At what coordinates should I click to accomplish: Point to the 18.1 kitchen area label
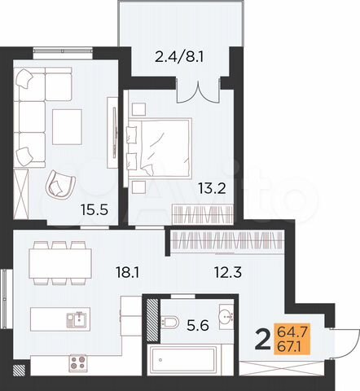[127, 273]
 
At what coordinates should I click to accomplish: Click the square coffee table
[69, 125]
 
